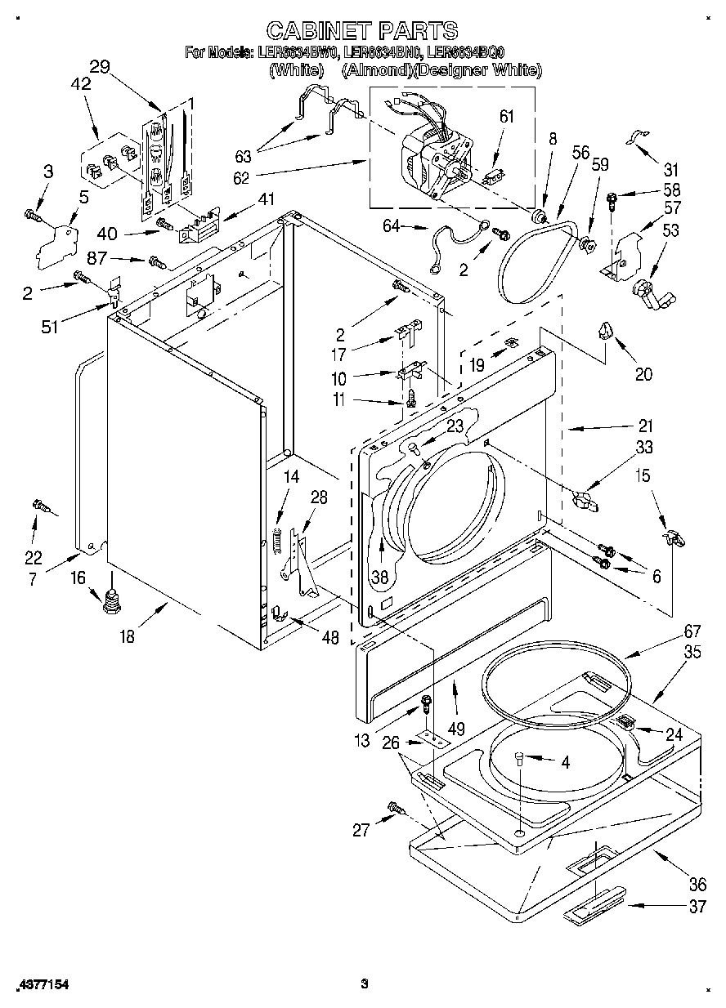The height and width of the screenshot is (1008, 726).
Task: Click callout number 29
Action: click(100, 68)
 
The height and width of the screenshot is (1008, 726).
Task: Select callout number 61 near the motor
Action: click(507, 117)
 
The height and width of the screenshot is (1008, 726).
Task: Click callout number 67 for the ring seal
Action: click(670, 630)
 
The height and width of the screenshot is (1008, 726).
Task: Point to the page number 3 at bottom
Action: click(365, 983)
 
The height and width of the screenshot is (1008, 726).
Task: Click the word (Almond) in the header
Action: click(367, 71)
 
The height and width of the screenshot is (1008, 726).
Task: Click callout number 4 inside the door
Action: click(563, 763)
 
